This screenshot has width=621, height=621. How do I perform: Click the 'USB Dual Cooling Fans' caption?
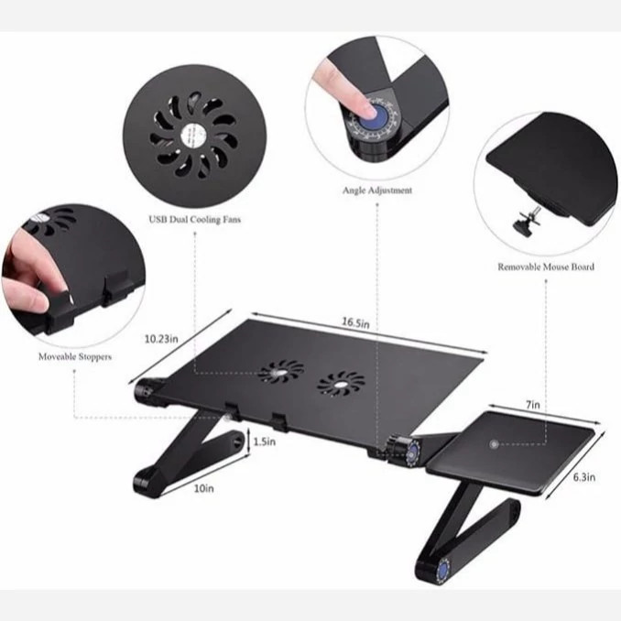coord(194,220)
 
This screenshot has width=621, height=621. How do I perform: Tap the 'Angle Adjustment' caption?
coord(377,191)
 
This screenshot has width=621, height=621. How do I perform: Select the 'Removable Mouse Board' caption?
coord(546,267)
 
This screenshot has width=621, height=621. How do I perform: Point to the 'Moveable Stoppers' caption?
coord(75,357)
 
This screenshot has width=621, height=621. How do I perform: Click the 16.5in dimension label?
coord(355,322)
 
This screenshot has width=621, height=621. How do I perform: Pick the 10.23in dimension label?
coord(161,339)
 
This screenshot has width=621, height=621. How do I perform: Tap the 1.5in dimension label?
coord(264,441)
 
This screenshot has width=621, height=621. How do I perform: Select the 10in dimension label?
coord(203,489)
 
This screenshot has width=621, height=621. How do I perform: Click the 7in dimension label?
coord(533,405)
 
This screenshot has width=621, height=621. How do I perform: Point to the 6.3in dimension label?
coord(584,477)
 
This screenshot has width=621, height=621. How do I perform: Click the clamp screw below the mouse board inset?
coord(527,221)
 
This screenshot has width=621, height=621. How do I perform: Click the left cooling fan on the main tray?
coord(281,372)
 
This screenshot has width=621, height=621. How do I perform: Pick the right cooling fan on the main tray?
coord(341,384)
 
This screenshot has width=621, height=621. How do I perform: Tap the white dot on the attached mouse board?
coord(494,444)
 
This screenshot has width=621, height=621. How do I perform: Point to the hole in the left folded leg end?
coord(237,442)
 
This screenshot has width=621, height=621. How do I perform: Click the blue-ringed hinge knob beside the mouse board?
coord(412,452)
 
